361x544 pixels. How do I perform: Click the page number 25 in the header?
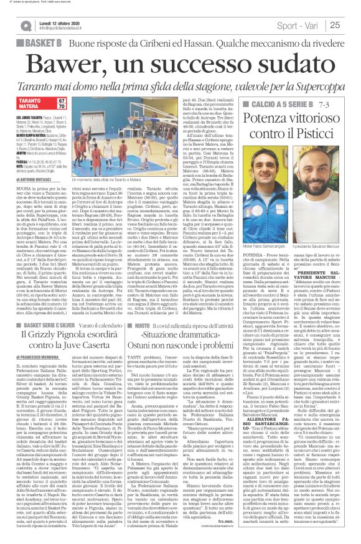[x=351, y=25]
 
